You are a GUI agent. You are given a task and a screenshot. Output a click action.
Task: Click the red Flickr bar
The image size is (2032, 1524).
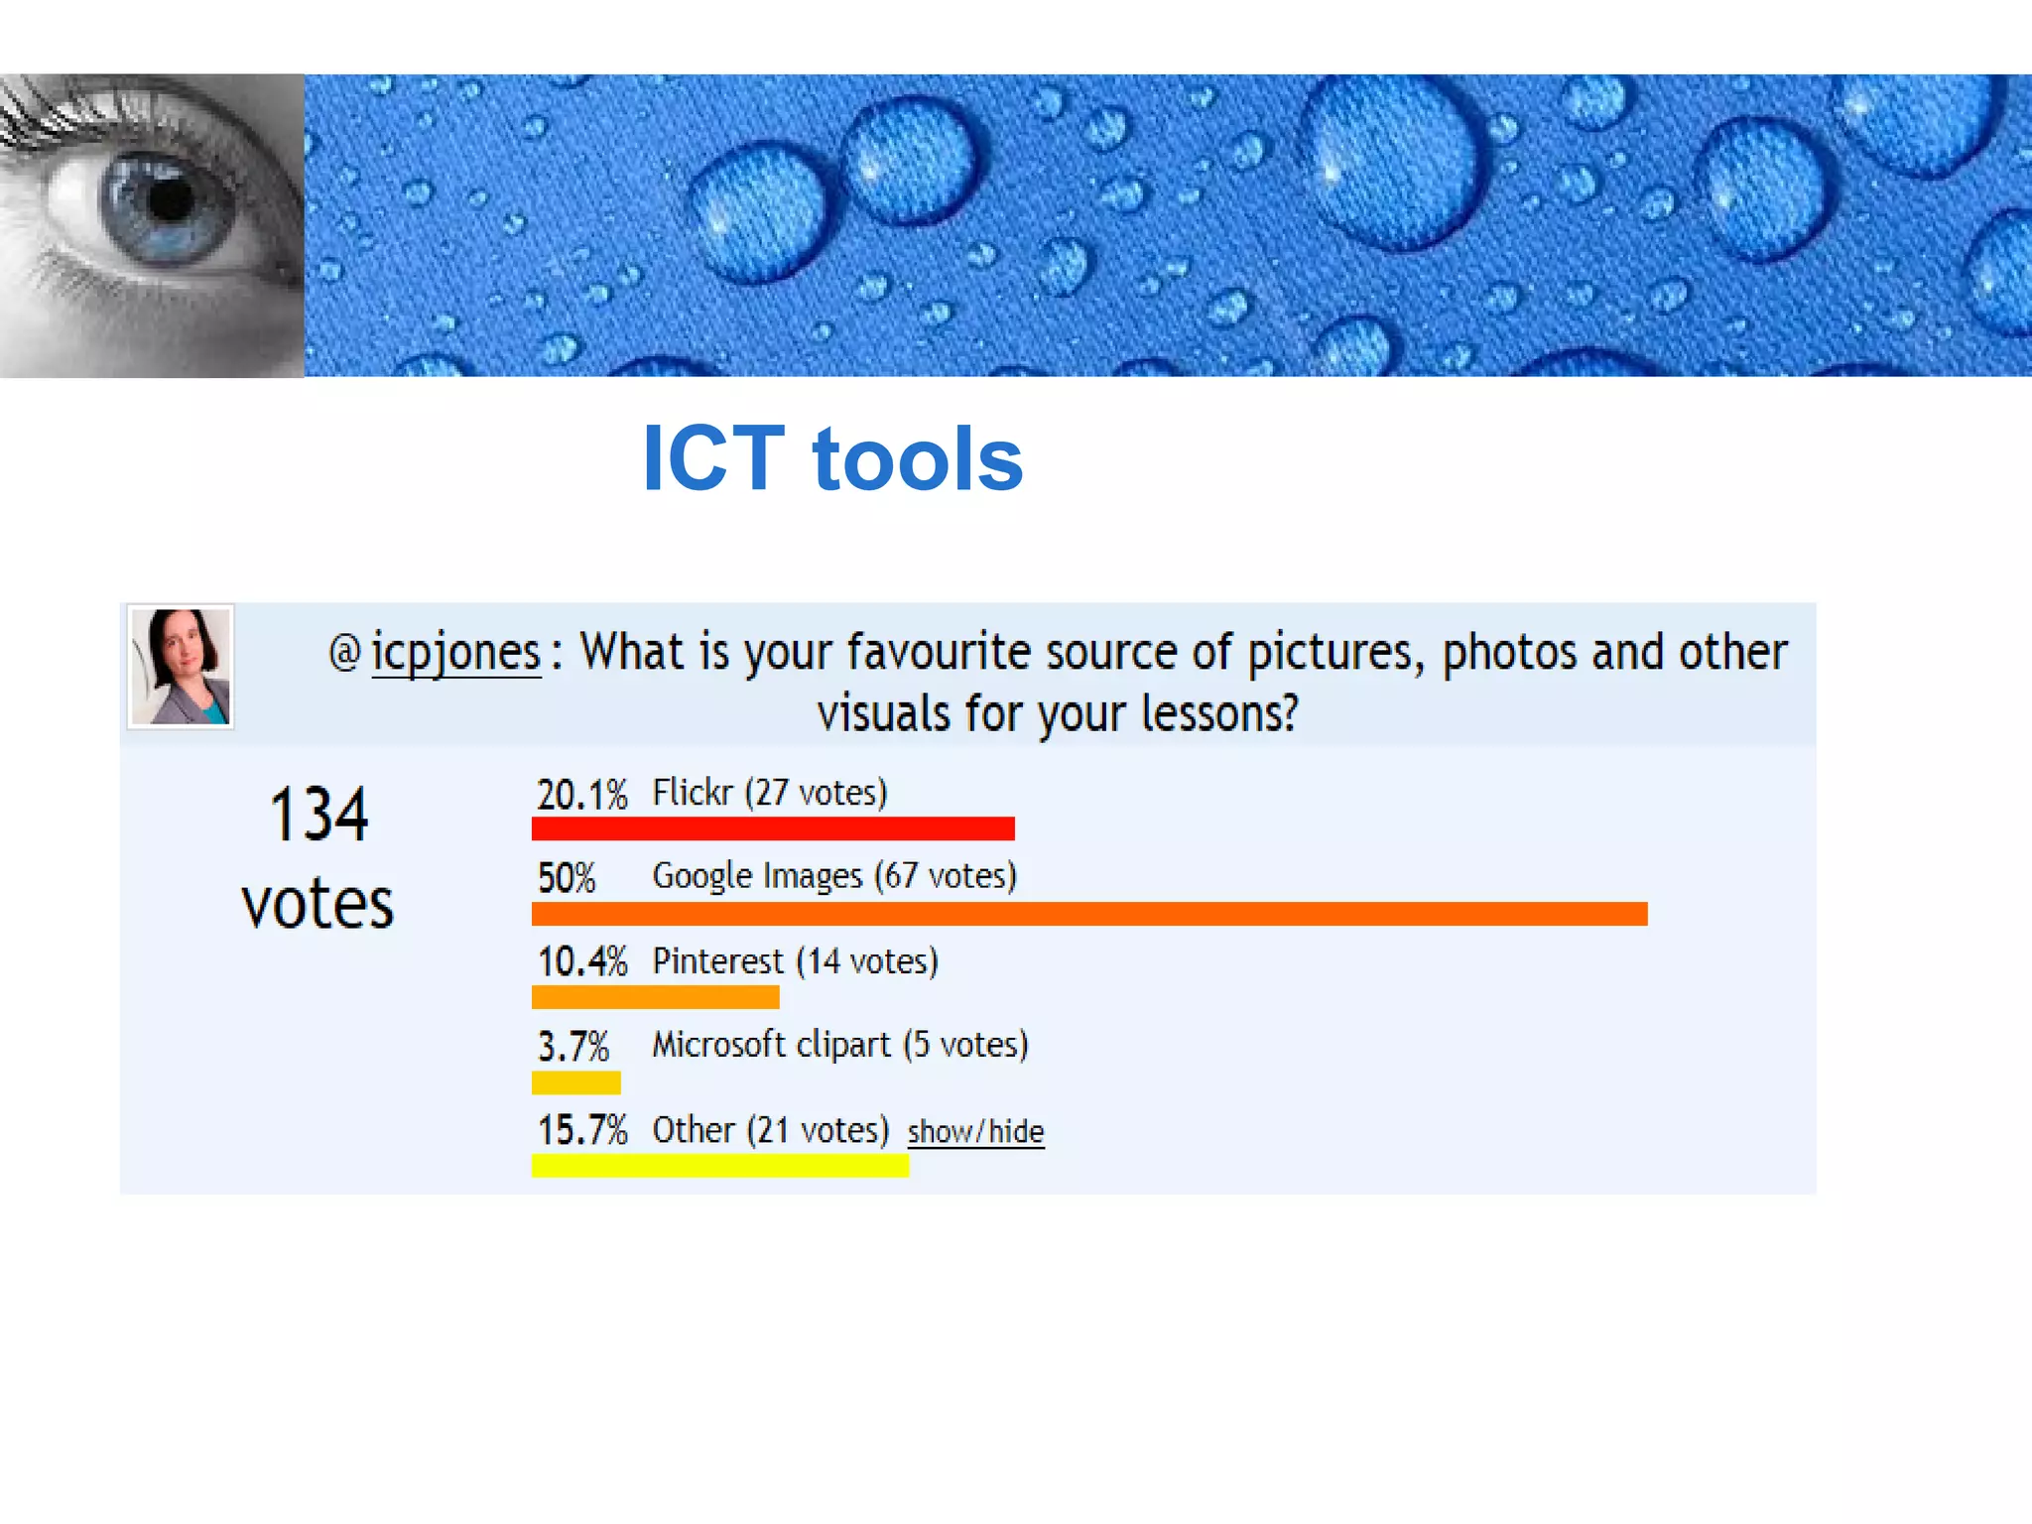coord(773,828)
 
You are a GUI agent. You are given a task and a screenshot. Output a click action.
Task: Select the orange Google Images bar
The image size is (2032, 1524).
coord(1089,914)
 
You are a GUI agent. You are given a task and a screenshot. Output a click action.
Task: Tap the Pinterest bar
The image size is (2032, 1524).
coord(655,997)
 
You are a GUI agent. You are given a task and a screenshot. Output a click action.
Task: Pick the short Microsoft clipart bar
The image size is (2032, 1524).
coord(575,1081)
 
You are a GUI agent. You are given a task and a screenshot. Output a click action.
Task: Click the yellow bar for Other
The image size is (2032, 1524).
coord(719,1166)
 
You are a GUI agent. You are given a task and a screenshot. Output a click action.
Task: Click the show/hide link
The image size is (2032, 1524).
coord(975,1132)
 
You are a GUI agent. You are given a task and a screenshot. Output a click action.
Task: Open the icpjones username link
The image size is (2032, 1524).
coord(455,653)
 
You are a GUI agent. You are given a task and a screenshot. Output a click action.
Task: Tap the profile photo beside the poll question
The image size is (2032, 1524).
coord(181,667)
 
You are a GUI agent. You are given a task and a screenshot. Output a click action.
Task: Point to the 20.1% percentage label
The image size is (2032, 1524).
coord(581,795)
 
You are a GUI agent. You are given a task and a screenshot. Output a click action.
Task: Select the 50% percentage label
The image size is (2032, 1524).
coord(567,878)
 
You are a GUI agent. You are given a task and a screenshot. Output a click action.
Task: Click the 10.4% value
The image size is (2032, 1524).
coord(581,961)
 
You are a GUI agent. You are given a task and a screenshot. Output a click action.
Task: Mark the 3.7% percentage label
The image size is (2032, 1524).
coord(572,1047)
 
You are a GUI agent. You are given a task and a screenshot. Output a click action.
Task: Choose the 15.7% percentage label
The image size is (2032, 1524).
coord(581,1130)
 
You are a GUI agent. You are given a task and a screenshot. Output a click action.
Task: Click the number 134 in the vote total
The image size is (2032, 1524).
coord(318,815)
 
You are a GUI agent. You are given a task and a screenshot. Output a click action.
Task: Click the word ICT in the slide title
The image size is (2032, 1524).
coord(713,458)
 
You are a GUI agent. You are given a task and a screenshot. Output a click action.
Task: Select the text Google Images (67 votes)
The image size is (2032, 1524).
coord(833,876)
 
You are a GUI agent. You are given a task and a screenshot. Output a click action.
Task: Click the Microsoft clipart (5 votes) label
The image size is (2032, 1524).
coord(839,1045)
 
